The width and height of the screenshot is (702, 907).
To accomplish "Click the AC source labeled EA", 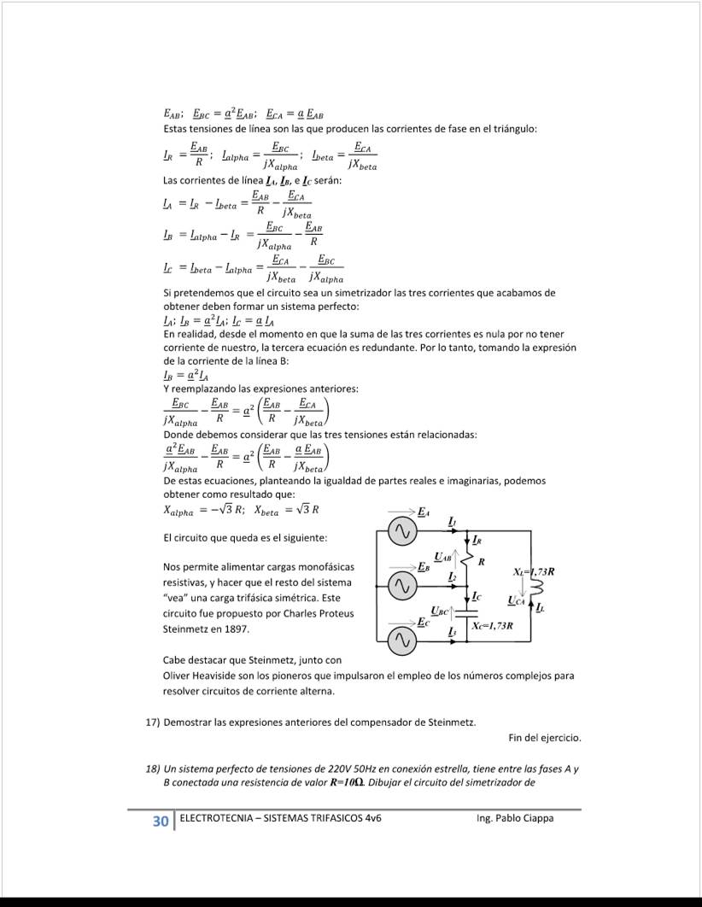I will pyautogui.click(x=401, y=533).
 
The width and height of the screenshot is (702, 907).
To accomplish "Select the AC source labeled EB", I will pyautogui.click(x=401, y=586).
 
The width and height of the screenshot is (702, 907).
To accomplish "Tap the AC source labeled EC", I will pyautogui.click(x=401, y=640).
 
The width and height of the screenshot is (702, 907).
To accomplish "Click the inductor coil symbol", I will pyautogui.click(x=537, y=588).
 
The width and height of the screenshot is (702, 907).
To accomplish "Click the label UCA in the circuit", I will pyautogui.click(x=517, y=601).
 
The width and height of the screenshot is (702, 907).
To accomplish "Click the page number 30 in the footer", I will pyautogui.click(x=160, y=822).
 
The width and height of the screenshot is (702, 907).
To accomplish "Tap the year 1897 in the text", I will pyautogui.click(x=233, y=629).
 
